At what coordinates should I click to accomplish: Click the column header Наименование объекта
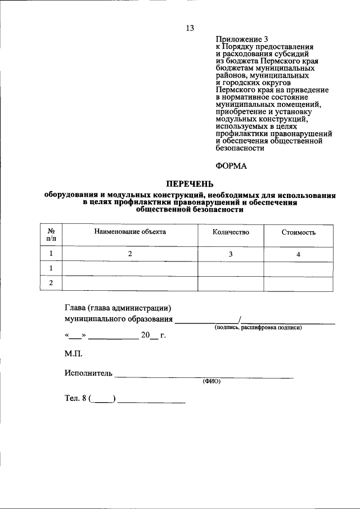(130, 231)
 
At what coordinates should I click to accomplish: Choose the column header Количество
(231, 232)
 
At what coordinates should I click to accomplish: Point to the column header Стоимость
(298, 232)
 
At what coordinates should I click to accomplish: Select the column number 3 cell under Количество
(231, 254)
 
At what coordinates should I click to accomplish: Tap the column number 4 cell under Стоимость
(298, 254)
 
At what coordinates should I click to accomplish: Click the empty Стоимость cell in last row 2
(298, 283)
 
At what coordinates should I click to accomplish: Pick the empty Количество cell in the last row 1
(231, 268)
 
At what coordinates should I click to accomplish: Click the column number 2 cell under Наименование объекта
(130, 254)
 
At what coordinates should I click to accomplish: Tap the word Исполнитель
(88, 373)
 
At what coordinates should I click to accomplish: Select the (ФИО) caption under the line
(211, 381)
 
